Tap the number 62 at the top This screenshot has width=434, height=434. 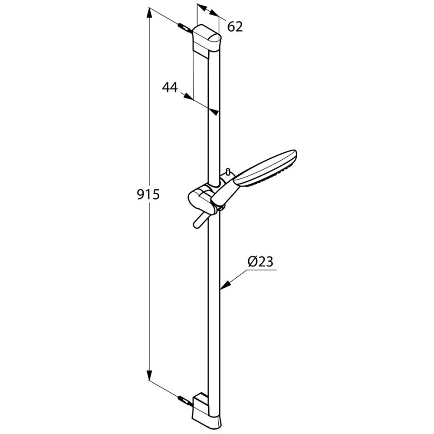click(x=234, y=27)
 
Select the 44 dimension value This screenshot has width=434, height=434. click(x=170, y=87)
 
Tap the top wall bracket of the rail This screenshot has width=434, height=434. click(x=207, y=39)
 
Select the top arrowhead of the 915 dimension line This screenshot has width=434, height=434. click(x=150, y=15)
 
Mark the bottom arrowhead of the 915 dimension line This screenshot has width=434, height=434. click(x=150, y=376)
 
